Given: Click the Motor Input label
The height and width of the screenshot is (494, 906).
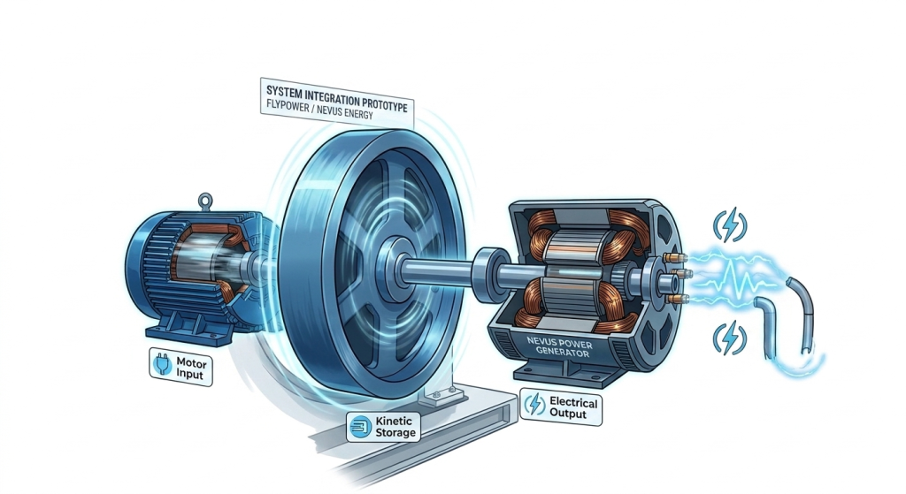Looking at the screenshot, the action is [x=180, y=367].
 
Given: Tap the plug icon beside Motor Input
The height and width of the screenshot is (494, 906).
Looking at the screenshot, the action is [x=163, y=364].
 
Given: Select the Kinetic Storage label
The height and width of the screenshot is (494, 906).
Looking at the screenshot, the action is [x=383, y=427].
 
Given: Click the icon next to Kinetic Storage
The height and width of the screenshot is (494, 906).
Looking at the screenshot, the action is [x=361, y=427].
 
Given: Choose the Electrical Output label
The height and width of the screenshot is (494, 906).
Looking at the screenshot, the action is [x=561, y=407].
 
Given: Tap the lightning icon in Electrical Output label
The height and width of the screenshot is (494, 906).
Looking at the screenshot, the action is [x=535, y=404].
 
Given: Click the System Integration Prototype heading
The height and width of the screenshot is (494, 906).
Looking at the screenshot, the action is [x=337, y=99].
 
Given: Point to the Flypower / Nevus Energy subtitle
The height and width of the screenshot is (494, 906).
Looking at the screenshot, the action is [x=319, y=110].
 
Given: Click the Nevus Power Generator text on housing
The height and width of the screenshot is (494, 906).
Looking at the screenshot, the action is [x=559, y=346].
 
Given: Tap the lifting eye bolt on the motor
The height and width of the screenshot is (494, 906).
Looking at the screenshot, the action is [x=205, y=201].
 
